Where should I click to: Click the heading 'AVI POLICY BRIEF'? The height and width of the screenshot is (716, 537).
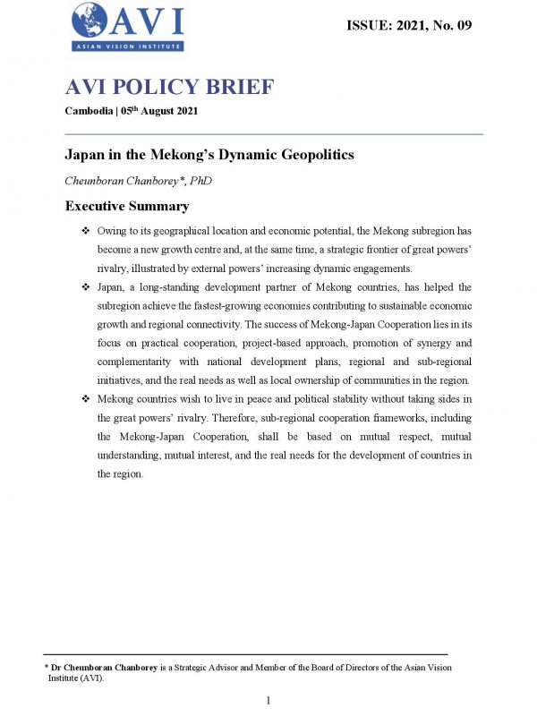point(169,88)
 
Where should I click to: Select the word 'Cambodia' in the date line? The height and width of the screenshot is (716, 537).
point(90,110)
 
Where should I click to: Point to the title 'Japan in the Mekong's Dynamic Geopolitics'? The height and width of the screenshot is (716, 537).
point(209,155)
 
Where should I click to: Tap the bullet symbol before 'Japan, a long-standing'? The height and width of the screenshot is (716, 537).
point(85,286)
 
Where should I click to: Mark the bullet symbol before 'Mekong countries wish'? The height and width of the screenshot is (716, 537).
point(85,398)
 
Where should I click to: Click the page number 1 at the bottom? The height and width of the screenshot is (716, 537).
point(268,699)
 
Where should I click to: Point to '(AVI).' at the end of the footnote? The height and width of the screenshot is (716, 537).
point(90,678)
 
